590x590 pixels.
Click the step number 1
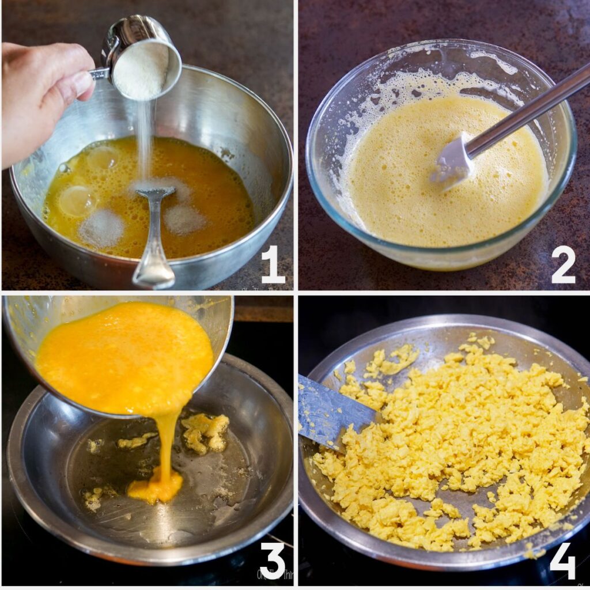pos(273,264)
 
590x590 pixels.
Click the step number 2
pos(563,264)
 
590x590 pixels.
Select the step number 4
pos(563,560)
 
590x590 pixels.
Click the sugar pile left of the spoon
pos(101,228)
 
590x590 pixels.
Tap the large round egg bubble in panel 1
pos(77,201)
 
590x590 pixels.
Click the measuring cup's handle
pos(99,73)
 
